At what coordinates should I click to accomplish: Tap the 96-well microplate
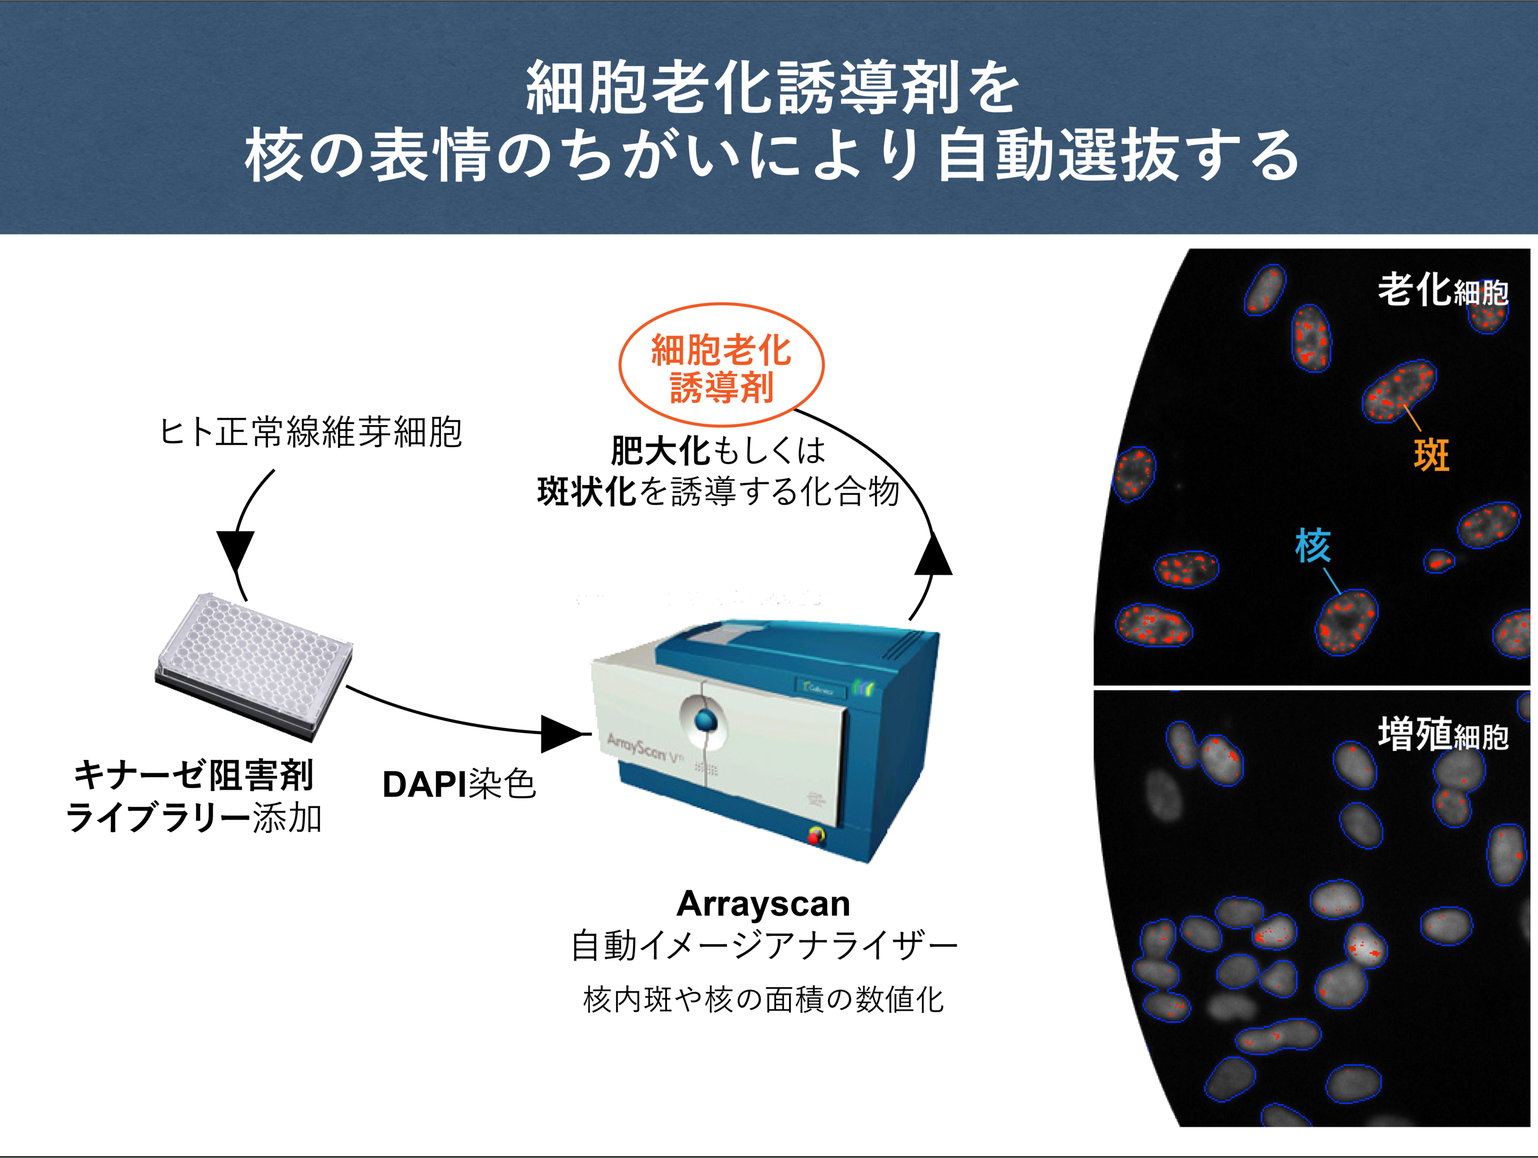point(254,664)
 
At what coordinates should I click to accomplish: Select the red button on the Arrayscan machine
point(814,836)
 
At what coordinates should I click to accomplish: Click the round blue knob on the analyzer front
point(704,720)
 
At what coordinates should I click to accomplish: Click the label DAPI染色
point(459,785)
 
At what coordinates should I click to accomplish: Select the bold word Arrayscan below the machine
point(763,904)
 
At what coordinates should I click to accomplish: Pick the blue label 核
point(1313,545)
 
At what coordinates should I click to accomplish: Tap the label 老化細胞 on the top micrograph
point(1443,291)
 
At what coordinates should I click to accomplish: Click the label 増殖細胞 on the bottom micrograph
point(1443,734)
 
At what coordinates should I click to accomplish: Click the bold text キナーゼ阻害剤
point(194,775)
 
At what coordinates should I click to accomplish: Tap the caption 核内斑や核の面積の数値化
point(763,1000)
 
